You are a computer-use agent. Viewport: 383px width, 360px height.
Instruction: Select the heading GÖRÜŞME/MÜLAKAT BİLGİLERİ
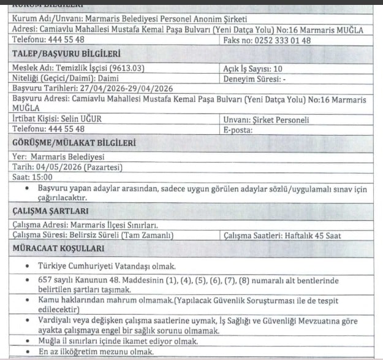tap(73, 144)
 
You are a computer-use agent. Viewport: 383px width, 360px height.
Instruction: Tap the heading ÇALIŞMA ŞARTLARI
tap(51, 211)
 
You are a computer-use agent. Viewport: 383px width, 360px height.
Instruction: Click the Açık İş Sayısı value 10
tap(278, 69)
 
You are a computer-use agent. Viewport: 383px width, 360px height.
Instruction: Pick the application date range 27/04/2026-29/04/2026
tap(121, 88)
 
